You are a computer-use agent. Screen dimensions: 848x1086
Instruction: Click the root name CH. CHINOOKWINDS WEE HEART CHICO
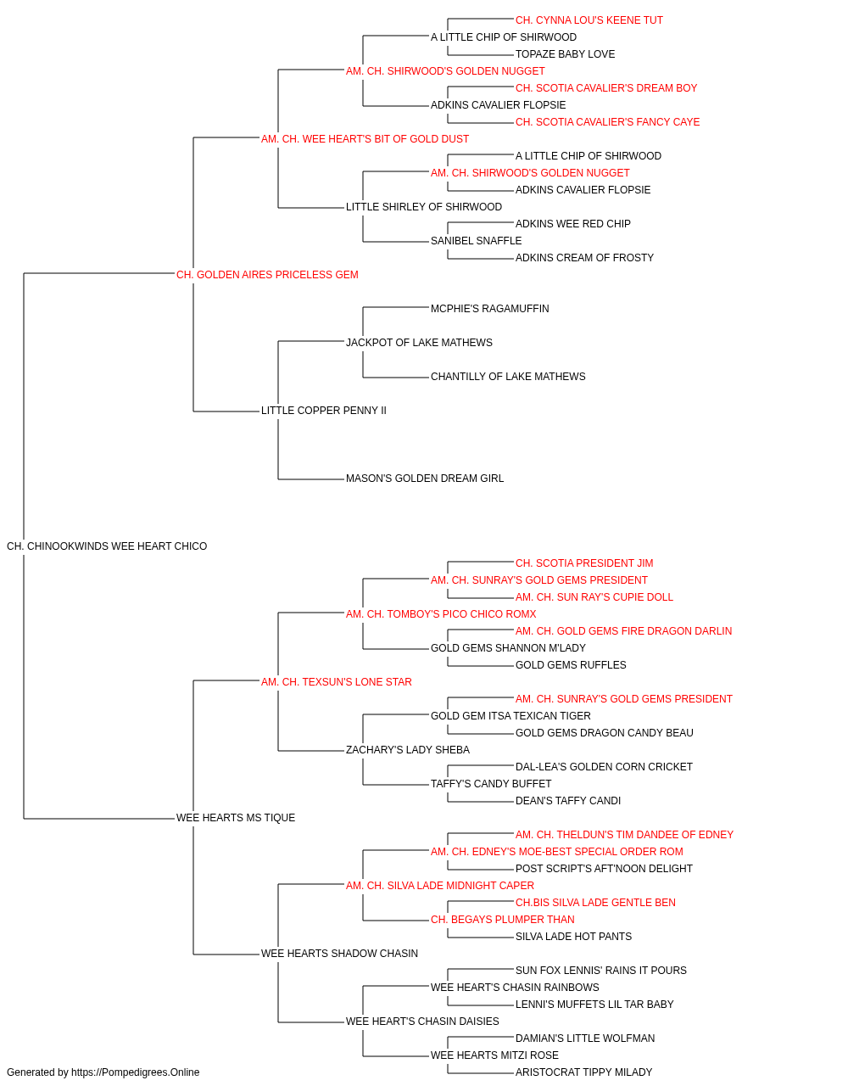(107, 546)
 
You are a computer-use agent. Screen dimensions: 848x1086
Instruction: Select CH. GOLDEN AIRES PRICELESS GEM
(267, 275)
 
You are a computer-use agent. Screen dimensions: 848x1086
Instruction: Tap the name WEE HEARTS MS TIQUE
(236, 818)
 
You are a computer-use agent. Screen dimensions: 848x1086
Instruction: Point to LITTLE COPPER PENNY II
(324, 411)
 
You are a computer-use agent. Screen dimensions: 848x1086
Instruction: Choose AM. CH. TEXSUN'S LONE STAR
(337, 682)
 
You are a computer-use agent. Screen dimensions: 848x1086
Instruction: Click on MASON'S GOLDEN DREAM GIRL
(425, 479)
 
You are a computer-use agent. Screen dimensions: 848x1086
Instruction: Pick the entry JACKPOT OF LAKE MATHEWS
(419, 343)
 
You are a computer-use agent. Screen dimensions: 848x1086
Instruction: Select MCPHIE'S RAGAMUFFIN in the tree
(490, 309)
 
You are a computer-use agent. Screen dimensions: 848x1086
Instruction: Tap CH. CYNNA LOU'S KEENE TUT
(589, 20)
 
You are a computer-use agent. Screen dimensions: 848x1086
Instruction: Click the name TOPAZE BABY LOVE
(566, 54)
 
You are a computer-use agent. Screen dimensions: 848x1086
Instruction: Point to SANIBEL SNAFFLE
(477, 241)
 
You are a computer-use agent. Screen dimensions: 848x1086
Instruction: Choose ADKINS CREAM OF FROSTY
(585, 258)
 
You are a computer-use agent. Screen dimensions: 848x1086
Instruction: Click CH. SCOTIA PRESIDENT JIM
(584, 563)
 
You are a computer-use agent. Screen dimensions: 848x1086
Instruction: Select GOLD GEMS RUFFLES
(571, 665)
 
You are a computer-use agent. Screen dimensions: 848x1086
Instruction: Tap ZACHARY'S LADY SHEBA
(408, 750)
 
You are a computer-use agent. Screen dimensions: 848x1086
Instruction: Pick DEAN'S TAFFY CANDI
(568, 801)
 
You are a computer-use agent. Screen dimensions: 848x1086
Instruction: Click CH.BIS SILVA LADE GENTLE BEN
(596, 903)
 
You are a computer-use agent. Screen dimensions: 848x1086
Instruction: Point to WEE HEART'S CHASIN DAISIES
(422, 1022)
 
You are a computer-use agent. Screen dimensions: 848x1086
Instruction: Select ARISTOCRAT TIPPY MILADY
(584, 1072)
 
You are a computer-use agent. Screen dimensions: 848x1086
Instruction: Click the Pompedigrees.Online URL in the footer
(136, 1072)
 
